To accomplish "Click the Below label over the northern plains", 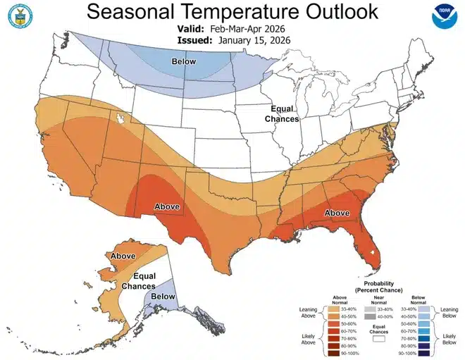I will click(x=185, y=62).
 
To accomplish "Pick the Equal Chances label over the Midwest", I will click(x=286, y=114).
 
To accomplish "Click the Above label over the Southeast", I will click(x=337, y=213).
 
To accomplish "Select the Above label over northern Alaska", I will click(x=123, y=256).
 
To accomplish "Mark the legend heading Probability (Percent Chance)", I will click(x=382, y=287).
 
